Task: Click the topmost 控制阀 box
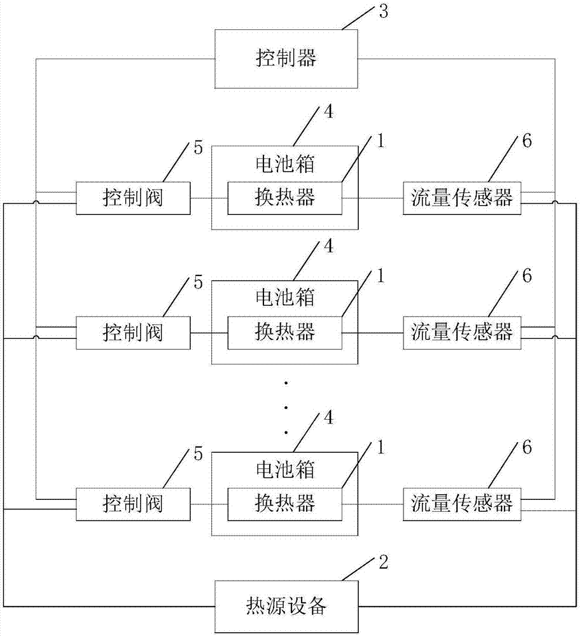coord(133,198)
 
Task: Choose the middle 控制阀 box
coord(133,332)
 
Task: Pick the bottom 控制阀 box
coord(133,504)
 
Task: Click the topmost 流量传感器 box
coord(461,198)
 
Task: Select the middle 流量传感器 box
coord(461,332)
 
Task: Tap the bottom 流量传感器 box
coord(461,504)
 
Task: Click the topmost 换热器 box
coord(284,198)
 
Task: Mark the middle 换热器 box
coord(284,332)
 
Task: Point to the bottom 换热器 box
coord(284,504)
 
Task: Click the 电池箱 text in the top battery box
coord(284,165)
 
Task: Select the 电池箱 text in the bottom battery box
coord(284,471)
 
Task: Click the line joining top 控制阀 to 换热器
coord(209,198)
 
